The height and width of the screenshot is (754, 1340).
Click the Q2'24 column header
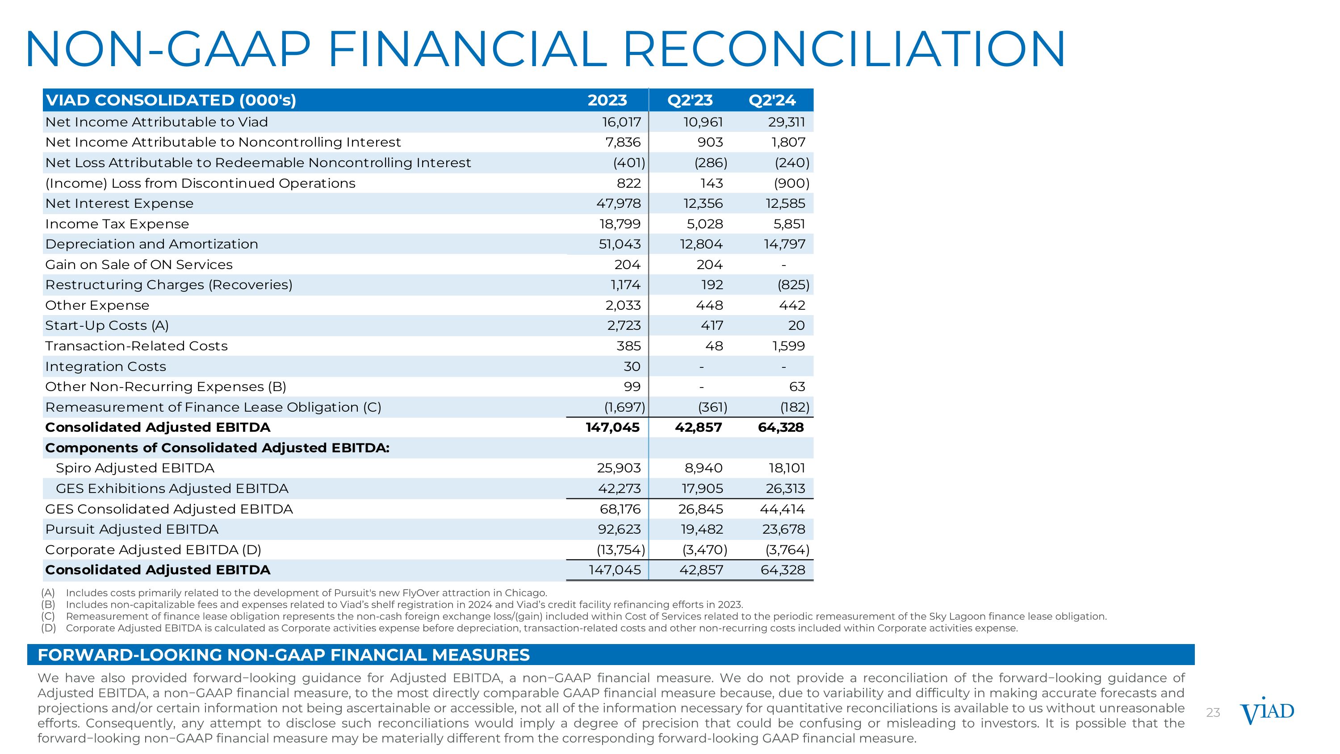(x=772, y=100)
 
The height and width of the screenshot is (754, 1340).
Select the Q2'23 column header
(x=690, y=100)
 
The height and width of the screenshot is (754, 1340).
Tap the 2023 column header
(x=607, y=100)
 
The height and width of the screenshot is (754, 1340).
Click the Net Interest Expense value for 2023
(x=619, y=203)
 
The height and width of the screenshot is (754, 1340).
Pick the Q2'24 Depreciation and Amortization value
(x=784, y=244)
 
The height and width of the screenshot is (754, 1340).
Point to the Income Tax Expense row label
(x=117, y=224)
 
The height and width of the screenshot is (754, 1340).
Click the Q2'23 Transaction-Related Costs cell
(x=714, y=346)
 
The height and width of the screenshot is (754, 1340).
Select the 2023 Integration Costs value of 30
(x=632, y=366)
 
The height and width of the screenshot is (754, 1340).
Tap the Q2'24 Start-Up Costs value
(x=796, y=326)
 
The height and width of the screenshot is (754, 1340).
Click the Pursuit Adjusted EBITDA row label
(x=132, y=529)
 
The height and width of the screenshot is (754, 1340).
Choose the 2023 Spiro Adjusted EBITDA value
(x=619, y=468)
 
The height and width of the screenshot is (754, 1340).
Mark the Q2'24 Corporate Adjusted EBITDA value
(x=787, y=549)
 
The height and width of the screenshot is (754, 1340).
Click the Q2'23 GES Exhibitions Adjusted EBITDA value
(x=702, y=489)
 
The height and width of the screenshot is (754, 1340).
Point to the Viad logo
(x=1267, y=712)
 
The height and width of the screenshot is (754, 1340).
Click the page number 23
(x=1213, y=713)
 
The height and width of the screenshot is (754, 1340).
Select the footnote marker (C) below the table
(x=48, y=616)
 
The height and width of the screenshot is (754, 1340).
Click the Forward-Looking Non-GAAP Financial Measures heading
(x=284, y=655)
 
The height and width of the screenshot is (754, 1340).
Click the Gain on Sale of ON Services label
(x=139, y=264)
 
